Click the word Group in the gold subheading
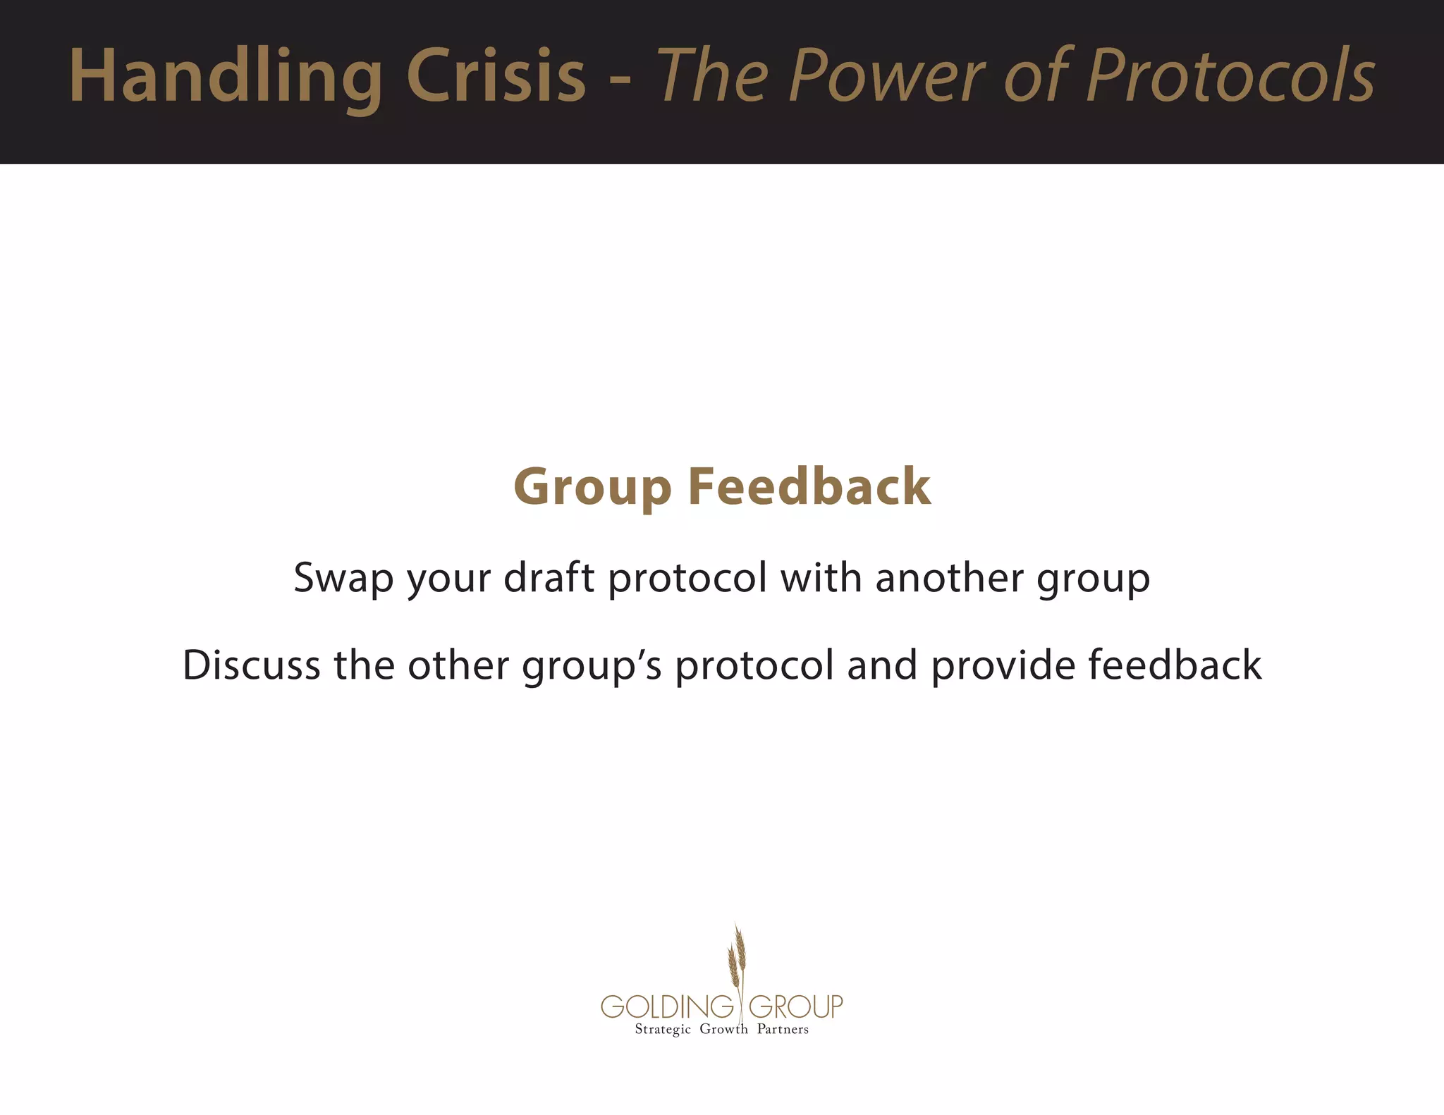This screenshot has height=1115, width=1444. point(592,488)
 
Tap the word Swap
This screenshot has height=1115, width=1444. point(343,579)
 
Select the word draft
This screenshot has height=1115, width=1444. point(549,577)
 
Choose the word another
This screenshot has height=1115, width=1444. point(949,577)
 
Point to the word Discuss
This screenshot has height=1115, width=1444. point(252,665)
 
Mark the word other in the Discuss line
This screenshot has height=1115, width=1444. point(458,665)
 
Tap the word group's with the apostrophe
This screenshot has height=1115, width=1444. point(592,666)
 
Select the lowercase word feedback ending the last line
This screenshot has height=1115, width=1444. point(1175,665)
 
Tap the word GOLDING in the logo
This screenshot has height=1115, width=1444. point(667,1006)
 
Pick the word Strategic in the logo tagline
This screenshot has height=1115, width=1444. point(663,1030)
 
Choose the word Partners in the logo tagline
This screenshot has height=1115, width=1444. point(783,1029)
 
